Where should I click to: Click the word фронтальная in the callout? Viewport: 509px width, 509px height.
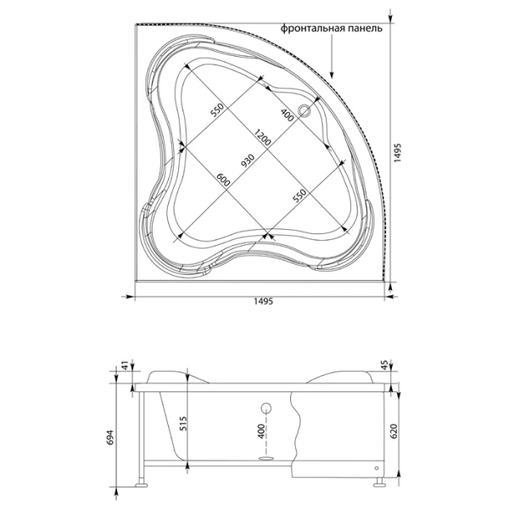(313, 29)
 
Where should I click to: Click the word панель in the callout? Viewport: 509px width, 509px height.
(366, 29)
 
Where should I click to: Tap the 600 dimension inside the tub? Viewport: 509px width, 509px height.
(223, 181)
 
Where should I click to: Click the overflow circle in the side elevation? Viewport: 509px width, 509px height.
(265, 407)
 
